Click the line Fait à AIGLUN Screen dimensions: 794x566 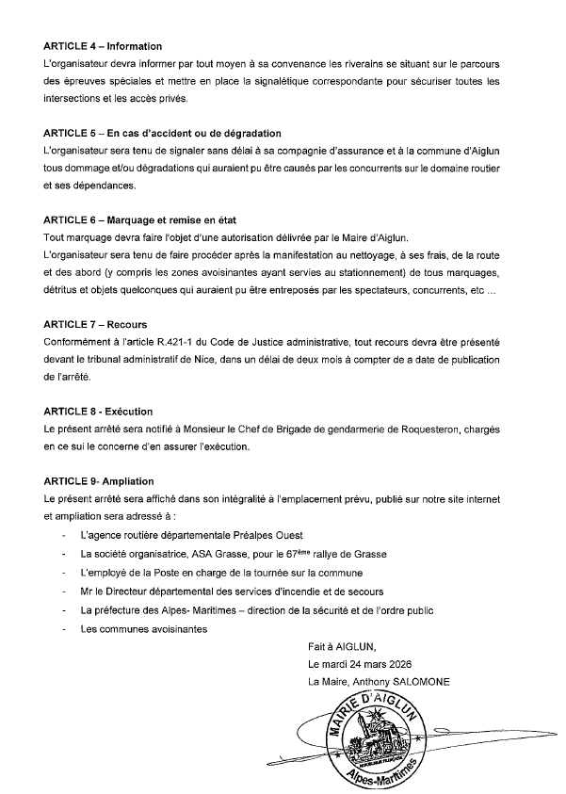[x=340, y=646]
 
